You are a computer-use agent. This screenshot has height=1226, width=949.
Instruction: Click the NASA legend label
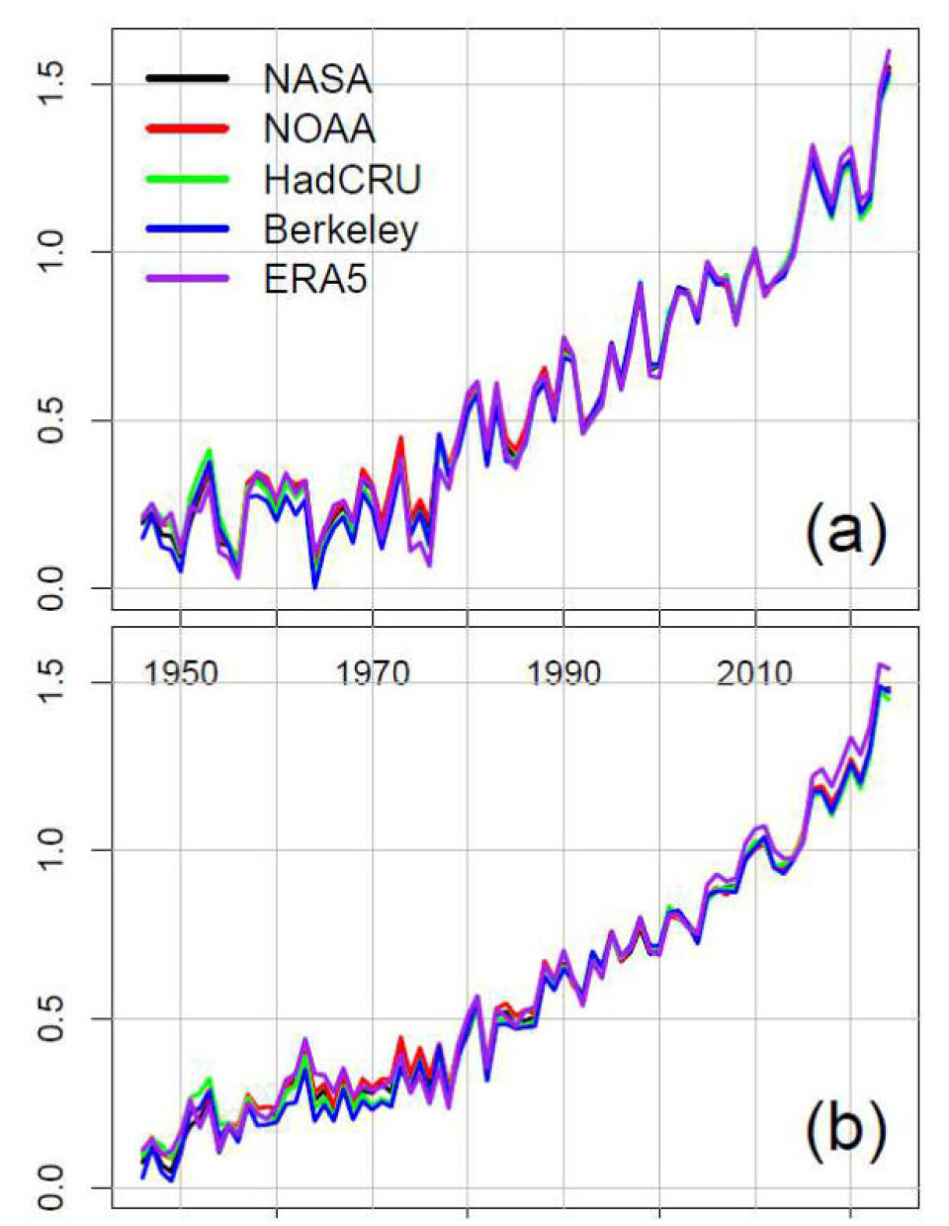point(317,79)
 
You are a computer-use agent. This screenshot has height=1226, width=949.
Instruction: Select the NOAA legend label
point(319,129)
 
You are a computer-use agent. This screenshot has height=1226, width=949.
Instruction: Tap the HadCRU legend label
point(342,179)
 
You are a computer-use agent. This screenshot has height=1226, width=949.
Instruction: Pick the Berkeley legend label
point(341,229)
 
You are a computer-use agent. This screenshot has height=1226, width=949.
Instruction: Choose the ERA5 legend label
point(315,280)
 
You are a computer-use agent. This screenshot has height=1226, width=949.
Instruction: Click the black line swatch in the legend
point(188,78)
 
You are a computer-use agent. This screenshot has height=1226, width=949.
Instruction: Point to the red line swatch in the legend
point(188,129)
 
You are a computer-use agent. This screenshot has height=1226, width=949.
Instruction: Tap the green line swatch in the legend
point(188,179)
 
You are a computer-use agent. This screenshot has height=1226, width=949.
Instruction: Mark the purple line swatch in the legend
point(188,280)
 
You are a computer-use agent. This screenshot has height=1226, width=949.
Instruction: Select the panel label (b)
point(845,1130)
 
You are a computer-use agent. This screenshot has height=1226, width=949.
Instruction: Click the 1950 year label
point(181,674)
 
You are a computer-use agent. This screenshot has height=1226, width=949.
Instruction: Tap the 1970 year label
point(372,674)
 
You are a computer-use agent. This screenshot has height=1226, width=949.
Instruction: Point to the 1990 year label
point(563,674)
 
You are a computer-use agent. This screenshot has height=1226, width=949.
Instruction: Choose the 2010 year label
point(755,674)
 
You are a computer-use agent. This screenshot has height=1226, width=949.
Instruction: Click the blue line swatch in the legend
point(188,229)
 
